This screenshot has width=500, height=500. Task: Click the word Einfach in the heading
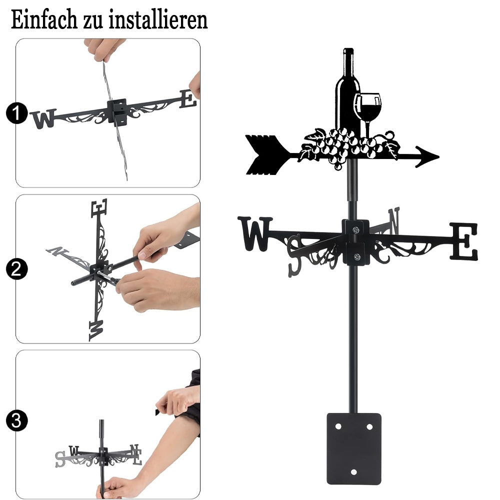[44, 20]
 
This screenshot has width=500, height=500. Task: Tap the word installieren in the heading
[158, 20]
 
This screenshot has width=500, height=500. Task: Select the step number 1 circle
[17, 113]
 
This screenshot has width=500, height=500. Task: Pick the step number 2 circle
[17, 268]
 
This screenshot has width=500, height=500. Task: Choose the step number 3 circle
[17, 420]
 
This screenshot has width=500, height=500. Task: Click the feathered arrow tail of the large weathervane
[263, 155]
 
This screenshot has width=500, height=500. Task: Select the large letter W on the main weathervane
[255, 233]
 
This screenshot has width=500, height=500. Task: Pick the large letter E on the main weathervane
[464, 241]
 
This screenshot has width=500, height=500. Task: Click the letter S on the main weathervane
[294, 256]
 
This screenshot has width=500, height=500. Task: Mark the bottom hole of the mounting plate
[353, 472]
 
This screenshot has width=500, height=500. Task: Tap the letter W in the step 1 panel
[43, 118]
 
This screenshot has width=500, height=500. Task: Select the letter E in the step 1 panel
[187, 99]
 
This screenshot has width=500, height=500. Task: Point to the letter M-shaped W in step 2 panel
[96, 330]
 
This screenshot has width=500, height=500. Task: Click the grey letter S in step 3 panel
[60, 459]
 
